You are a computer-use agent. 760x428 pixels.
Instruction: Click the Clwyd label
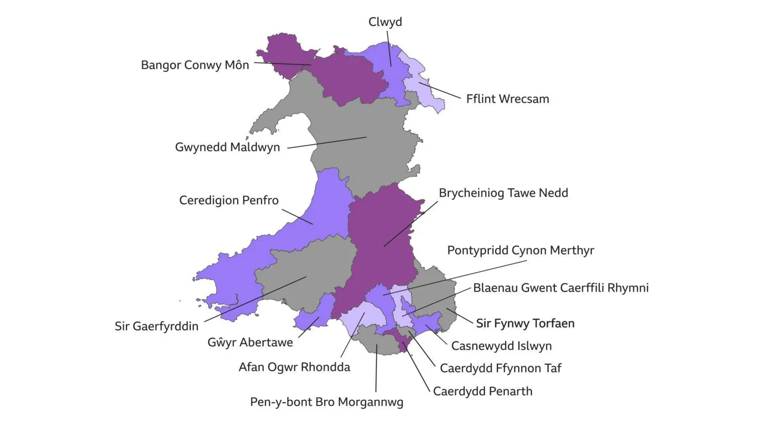click(x=385, y=22)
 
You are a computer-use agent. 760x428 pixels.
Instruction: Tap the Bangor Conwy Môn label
click(x=195, y=65)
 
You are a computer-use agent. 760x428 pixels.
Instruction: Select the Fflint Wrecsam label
click(x=507, y=99)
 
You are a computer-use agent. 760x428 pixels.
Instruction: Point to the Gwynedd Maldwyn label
click(x=227, y=147)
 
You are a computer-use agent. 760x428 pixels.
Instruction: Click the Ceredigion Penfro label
click(x=229, y=200)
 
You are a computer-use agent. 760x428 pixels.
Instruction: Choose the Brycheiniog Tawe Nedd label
click(x=503, y=193)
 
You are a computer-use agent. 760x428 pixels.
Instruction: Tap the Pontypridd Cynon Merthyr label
click(x=521, y=250)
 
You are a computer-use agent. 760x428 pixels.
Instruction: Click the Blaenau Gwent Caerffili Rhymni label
click(x=561, y=288)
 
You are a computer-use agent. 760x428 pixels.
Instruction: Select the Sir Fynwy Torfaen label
click(x=525, y=323)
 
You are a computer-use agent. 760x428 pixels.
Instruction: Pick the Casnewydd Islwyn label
click(x=501, y=346)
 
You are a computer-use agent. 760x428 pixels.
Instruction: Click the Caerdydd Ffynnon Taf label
click(x=500, y=368)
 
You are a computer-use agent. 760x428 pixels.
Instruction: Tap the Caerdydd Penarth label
click(x=482, y=391)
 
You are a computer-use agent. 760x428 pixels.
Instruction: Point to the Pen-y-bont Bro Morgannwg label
click(x=327, y=402)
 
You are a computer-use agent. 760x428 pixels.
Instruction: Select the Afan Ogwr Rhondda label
click(x=294, y=367)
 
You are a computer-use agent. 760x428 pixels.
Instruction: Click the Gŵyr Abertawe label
click(x=250, y=342)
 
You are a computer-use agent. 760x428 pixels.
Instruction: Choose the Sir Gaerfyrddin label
click(x=156, y=326)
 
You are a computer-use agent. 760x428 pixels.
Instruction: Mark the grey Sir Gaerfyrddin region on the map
click(x=307, y=272)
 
